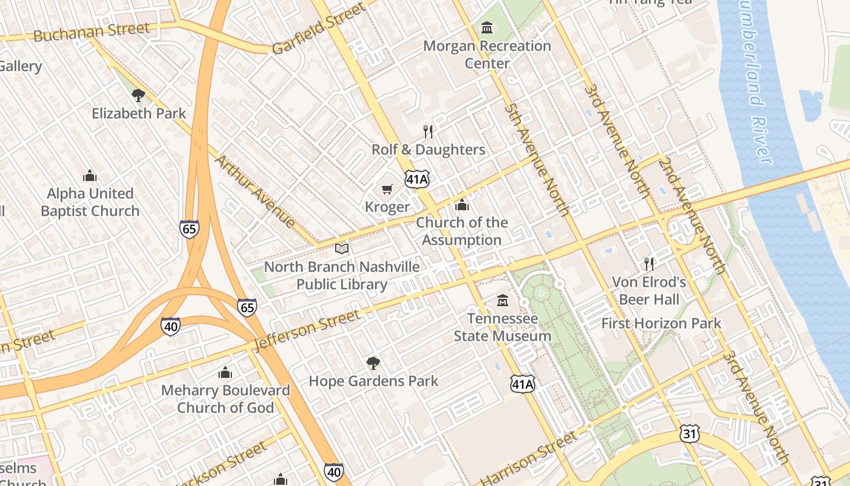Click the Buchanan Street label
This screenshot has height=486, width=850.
[91, 32]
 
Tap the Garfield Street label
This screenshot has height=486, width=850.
[319, 28]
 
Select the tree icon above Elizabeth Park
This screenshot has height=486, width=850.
[138, 95]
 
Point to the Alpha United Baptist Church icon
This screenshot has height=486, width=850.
[90, 176]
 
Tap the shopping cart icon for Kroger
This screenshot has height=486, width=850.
[387, 190]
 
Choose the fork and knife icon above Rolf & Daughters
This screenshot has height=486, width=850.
[428, 132]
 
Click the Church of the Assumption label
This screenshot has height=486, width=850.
[461, 231]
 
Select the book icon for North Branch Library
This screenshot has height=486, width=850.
[342, 249]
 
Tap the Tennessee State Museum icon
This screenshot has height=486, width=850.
[503, 301]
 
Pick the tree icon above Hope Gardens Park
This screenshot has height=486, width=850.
[373, 363]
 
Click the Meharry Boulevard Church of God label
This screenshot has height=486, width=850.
[225, 399]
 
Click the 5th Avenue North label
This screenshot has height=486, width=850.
[537, 160]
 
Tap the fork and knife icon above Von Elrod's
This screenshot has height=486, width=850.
[649, 264]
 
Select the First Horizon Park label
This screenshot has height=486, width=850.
[661, 323]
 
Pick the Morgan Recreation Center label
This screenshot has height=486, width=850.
[487, 54]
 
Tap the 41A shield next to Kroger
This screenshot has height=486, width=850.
[418, 179]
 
